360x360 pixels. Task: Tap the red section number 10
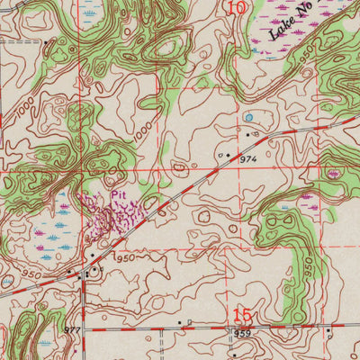click(236, 9)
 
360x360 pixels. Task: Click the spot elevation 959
click(242, 334)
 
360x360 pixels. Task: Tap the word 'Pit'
click(119, 194)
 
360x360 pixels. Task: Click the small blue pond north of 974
click(248, 117)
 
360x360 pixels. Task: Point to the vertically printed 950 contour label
click(309, 267)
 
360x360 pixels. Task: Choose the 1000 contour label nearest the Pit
click(140, 131)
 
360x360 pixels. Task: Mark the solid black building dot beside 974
click(229, 156)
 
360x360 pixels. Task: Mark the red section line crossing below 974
click(270, 170)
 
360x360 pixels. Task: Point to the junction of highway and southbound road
click(84, 274)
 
